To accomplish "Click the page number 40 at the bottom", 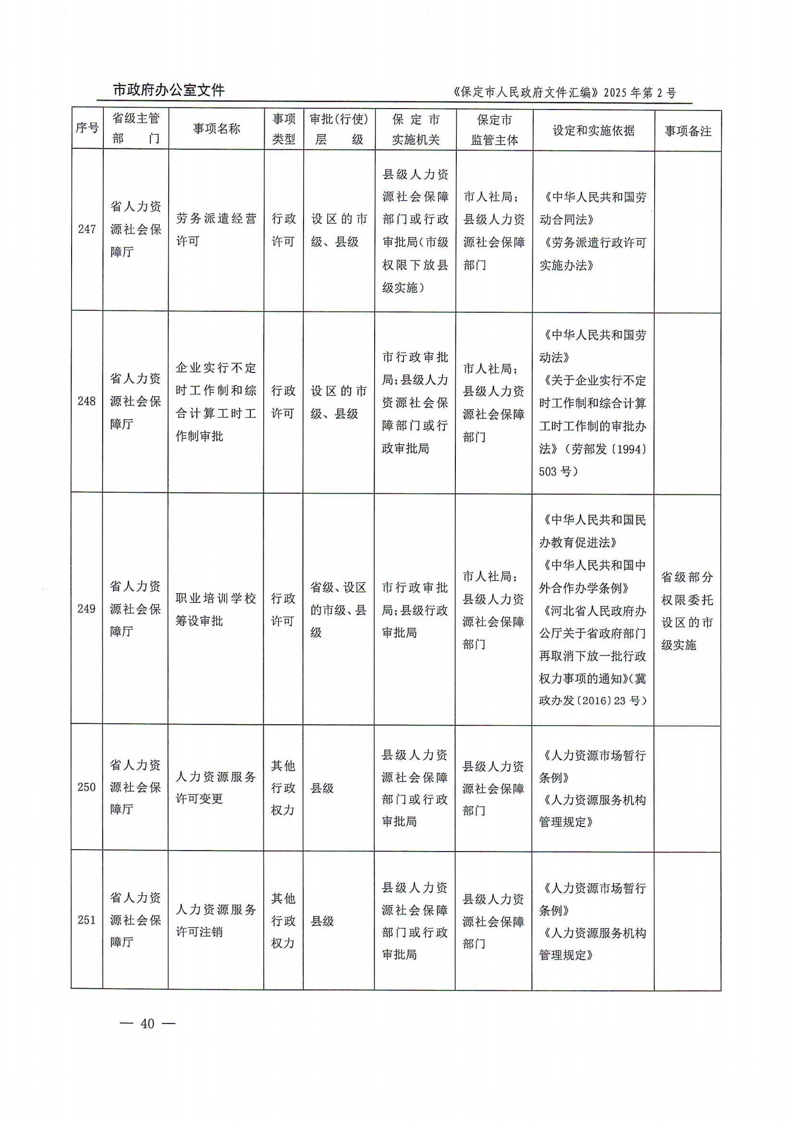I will pyautogui.click(x=147, y=1023).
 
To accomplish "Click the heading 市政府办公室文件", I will pyautogui.click(x=169, y=90).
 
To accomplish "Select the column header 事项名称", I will pyautogui.click(x=216, y=129).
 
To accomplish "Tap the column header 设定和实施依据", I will pyautogui.click(x=593, y=131).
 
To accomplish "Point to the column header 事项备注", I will pyautogui.click(x=687, y=131).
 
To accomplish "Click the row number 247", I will pyautogui.click(x=87, y=229).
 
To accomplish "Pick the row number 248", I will pyautogui.click(x=86, y=401).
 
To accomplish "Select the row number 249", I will pyautogui.click(x=86, y=609).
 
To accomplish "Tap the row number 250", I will pyautogui.click(x=86, y=787).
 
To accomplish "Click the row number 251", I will pyautogui.click(x=86, y=920).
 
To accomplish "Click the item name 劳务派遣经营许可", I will pyautogui.click(x=216, y=230).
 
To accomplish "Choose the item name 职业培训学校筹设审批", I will pyautogui.click(x=216, y=610).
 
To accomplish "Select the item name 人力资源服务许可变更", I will pyautogui.click(x=216, y=788).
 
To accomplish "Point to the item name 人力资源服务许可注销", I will pyautogui.click(x=216, y=921).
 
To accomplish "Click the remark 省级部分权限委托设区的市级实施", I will pyautogui.click(x=687, y=611).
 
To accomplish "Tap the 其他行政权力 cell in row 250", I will pyautogui.click(x=283, y=788).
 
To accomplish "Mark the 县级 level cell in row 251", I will pyautogui.click(x=322, y=921).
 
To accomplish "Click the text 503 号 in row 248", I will pyautogui.click(x=557, y=472).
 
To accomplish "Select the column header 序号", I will pyautogui.click(x=87, y=128).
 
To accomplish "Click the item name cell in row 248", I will pyautogui.click(x=216, y=402).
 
